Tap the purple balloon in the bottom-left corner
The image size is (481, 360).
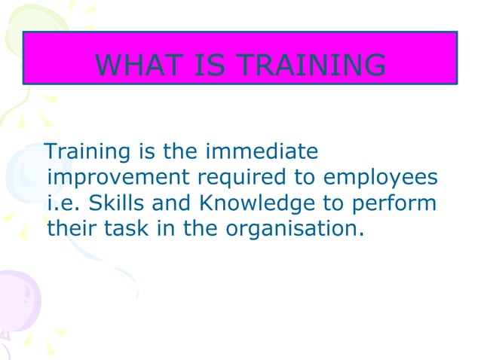point(19,301)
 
